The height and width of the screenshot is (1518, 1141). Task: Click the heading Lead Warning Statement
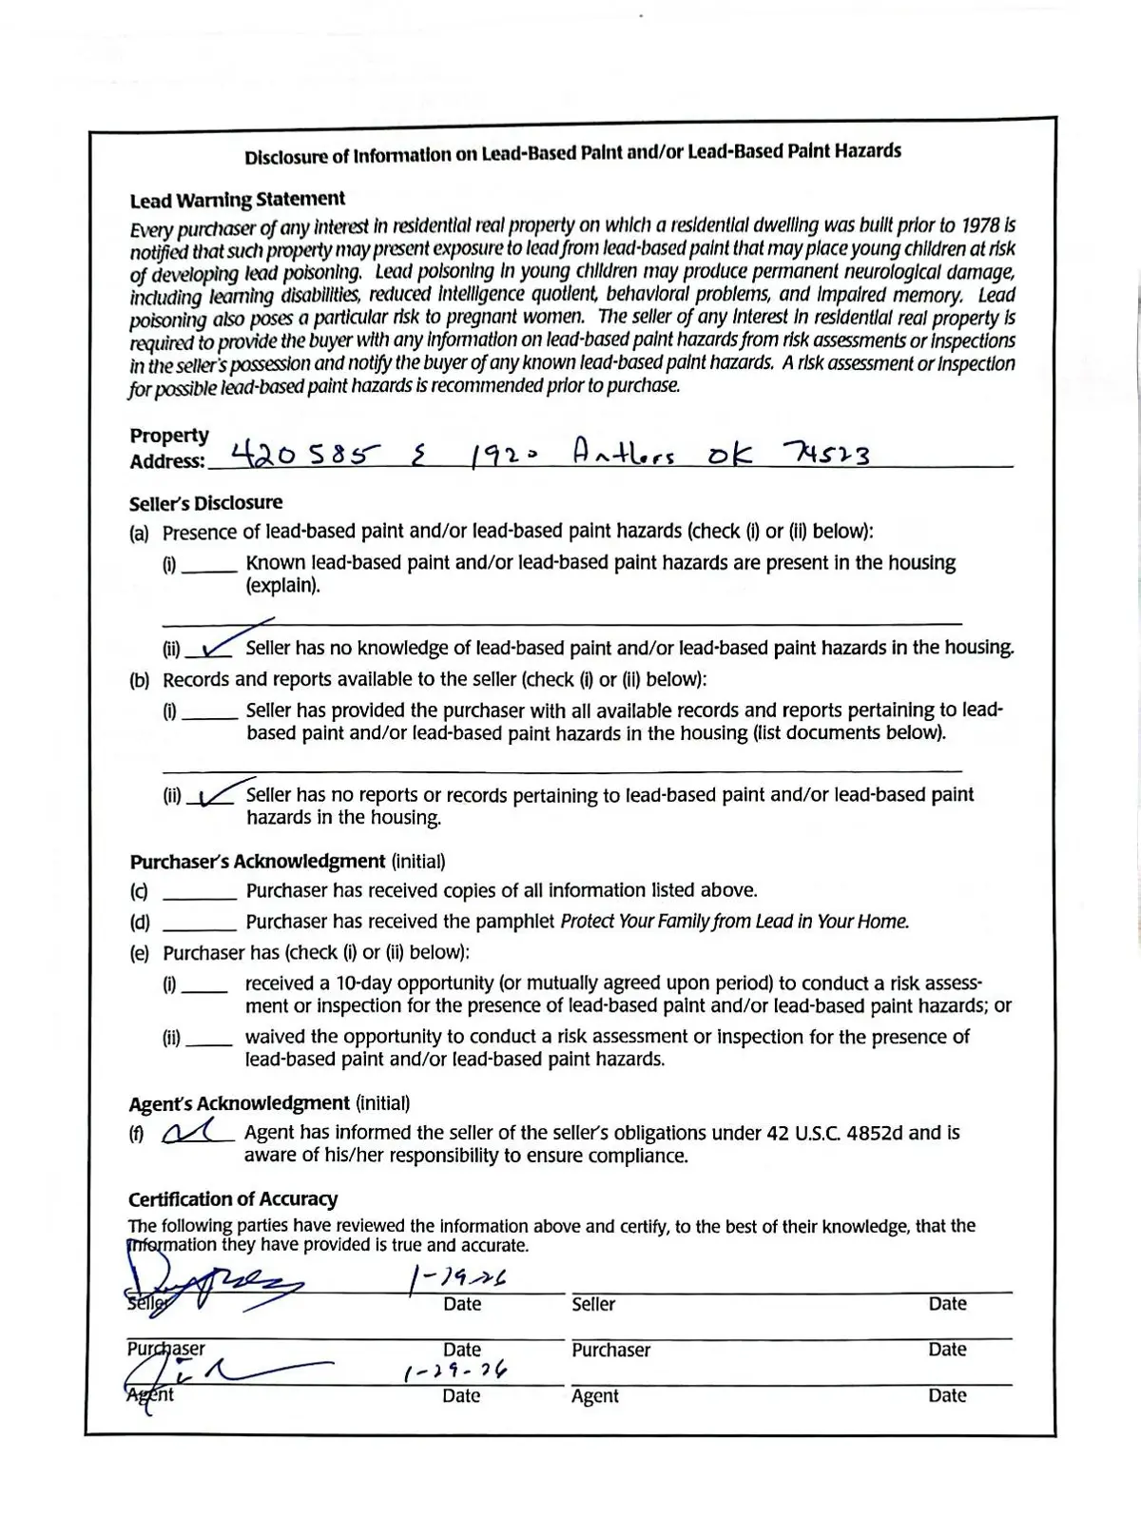237,200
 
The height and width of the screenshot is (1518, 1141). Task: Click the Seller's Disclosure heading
205,503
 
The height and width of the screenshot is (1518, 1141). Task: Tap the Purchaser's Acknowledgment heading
258,862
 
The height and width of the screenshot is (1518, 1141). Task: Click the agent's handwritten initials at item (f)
197,1132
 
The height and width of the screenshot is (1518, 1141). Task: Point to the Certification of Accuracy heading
233,1199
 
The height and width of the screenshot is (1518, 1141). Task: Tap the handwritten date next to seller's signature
457,1279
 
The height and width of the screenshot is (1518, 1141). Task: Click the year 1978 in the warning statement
980,225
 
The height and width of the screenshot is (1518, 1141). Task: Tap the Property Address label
168,448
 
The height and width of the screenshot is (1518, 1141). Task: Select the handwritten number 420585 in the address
299,455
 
